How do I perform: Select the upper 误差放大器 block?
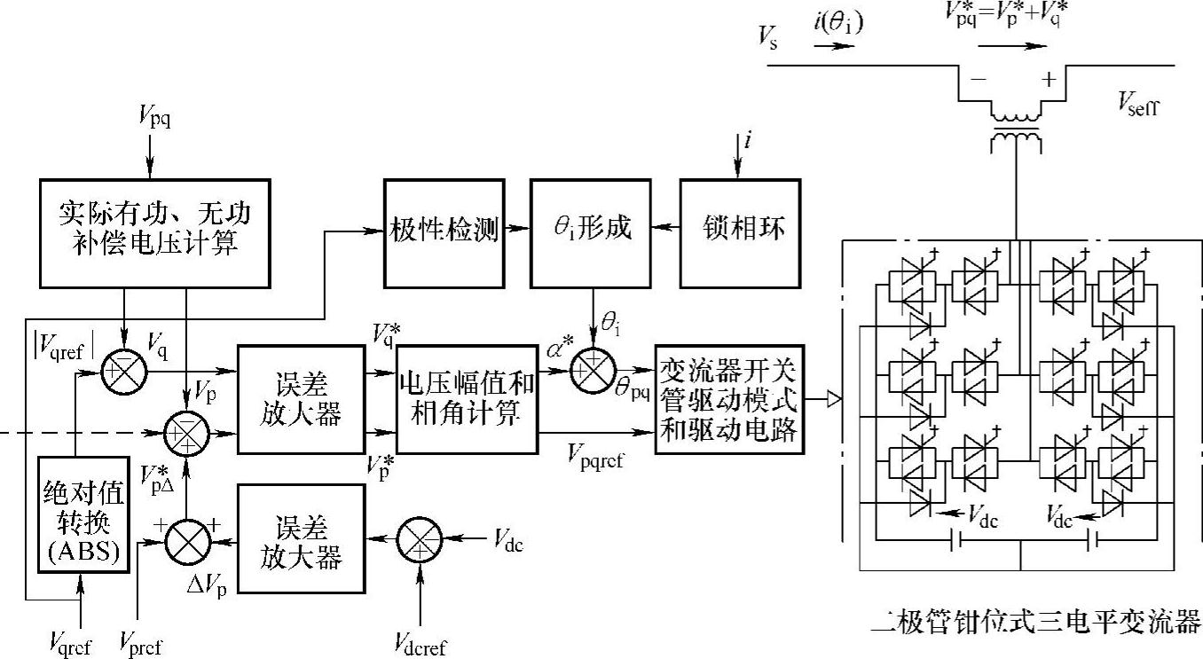(302, 399)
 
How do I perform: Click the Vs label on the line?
(768, 38)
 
